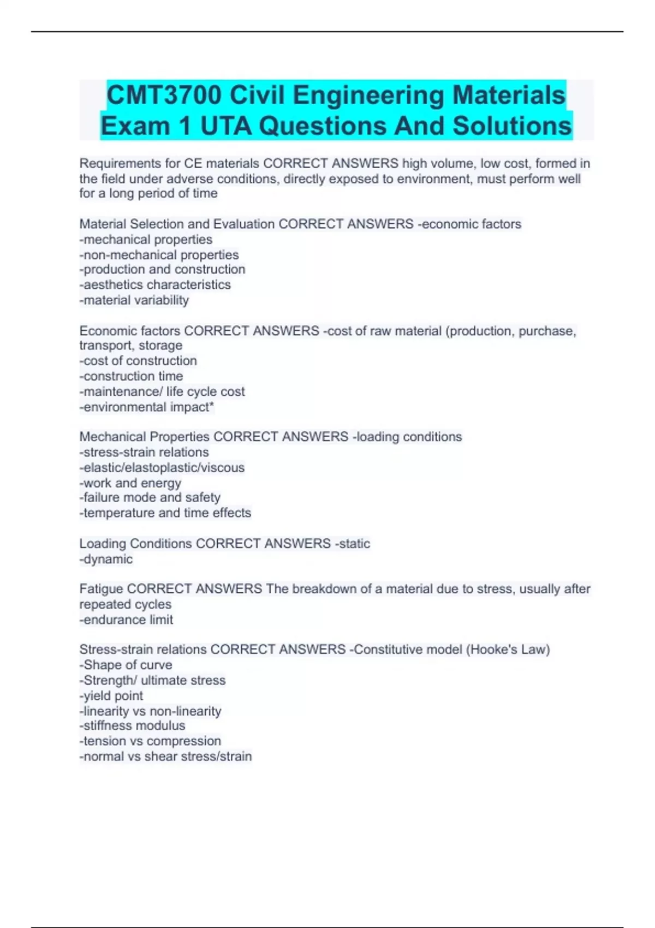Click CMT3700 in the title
[x=164, y=95]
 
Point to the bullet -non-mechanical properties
[x=159, y=255]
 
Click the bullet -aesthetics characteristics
[x=155, y=284]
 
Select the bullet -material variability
[x=134, y=300]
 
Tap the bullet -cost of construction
[x=138, y=361]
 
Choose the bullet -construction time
[x=131, y=376]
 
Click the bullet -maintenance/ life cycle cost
[x=162, y=391]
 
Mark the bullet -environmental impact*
[x=146, y=407]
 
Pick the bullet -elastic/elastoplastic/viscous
[x=162, y=468]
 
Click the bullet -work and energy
[x=130, y=483]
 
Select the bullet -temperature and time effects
[x=165, y=513]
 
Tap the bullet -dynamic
[x=106, y=559]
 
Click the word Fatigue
[x=101, y=589]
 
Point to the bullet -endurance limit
[x=126, y=620]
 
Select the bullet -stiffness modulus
[x=132, y=725]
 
